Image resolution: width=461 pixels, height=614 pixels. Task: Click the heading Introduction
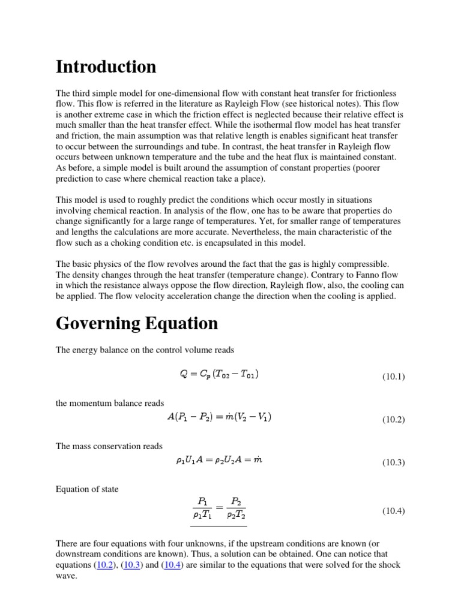(106, 67)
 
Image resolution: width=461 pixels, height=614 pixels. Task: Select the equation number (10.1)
(394, 377)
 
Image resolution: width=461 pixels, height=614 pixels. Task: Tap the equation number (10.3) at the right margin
(394, 463)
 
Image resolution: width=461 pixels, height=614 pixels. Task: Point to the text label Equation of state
(87, 489)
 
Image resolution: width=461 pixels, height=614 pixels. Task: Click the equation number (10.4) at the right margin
(394, 511)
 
